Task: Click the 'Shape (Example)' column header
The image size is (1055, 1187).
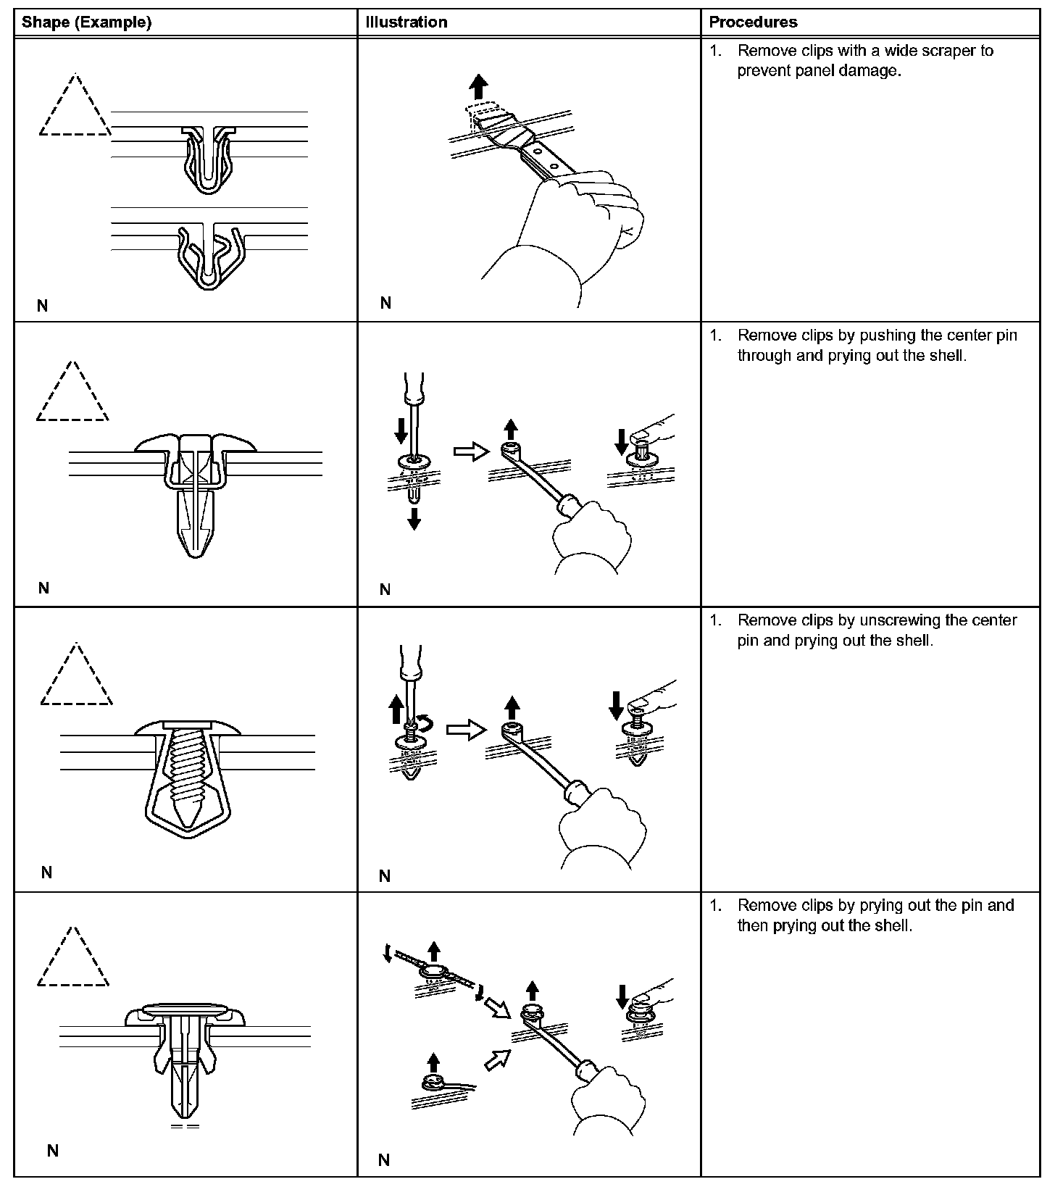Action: [x=86, y=22]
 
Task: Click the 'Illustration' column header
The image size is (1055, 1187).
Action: [x=406, y=22]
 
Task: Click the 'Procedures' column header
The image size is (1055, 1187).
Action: [x=753, y=22]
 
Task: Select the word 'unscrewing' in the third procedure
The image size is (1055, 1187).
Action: [x=898, y=620]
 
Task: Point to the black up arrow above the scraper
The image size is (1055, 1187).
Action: [x=478, y=88]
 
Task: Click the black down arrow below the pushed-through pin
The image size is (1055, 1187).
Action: [x=414, y=518]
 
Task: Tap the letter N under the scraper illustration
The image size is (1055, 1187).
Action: [x=385, y=303]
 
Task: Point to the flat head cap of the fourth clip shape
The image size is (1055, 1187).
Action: [x=186, y=1009]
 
